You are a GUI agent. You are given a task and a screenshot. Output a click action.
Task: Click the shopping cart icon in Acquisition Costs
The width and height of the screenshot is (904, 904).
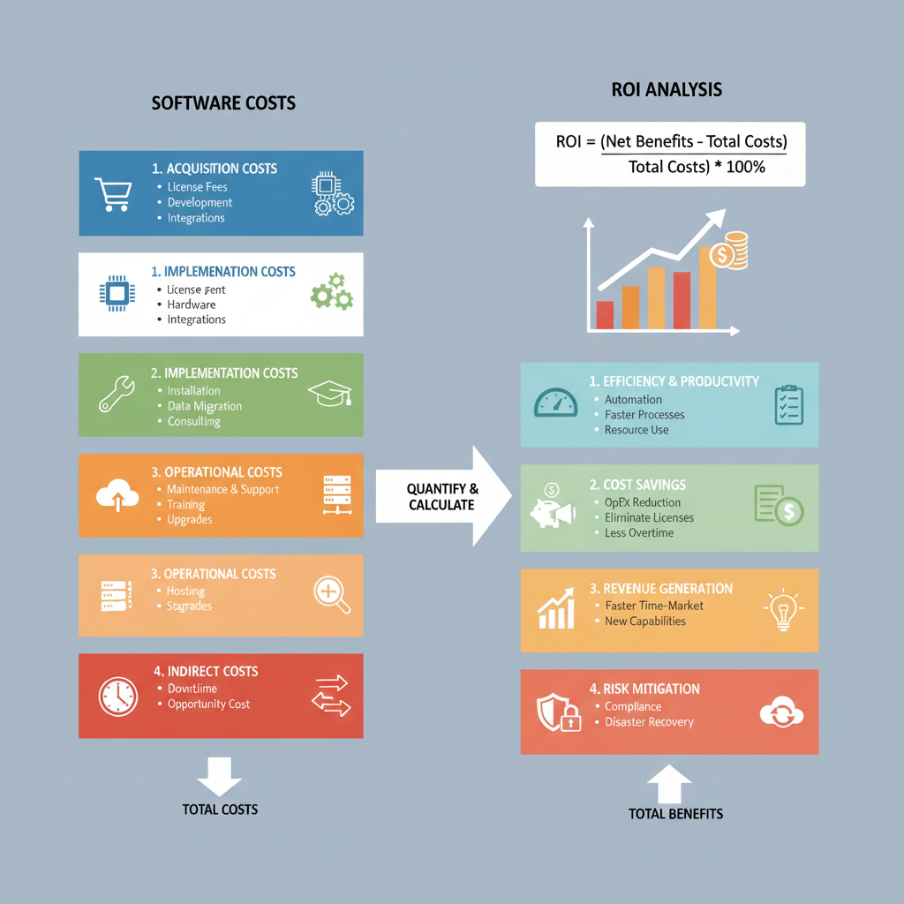113,193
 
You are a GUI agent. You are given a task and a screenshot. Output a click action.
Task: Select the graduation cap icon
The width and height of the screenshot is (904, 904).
329,394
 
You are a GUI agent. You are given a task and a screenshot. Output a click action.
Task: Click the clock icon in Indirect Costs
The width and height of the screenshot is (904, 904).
117,696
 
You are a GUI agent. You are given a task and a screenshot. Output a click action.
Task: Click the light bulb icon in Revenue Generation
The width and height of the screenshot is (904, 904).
781,610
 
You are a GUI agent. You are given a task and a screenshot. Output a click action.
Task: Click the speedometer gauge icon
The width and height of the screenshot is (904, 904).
555,403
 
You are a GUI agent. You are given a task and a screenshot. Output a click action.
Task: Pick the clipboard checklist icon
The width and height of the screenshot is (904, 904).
787,405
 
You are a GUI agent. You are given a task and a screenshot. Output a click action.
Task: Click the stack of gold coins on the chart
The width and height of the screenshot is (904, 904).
731,251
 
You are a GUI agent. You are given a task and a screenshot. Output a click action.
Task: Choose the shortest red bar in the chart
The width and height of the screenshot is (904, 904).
605,314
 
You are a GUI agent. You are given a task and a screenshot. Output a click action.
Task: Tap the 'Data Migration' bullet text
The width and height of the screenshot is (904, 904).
204,406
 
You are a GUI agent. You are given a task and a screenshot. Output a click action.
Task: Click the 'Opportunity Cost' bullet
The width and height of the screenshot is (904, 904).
208,704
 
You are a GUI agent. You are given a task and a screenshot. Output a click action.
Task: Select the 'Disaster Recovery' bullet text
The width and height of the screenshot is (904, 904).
649,722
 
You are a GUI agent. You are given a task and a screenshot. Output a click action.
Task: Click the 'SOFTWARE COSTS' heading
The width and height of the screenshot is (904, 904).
223,103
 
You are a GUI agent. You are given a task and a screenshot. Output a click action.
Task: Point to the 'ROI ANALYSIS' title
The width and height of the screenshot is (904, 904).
667,90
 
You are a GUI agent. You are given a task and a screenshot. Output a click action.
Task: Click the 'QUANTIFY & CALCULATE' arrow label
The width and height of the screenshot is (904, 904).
442,497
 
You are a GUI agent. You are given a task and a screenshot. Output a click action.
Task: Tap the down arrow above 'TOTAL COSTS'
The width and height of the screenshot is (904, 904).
219,775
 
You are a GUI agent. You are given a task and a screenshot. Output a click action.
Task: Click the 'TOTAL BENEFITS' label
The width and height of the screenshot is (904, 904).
675,814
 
